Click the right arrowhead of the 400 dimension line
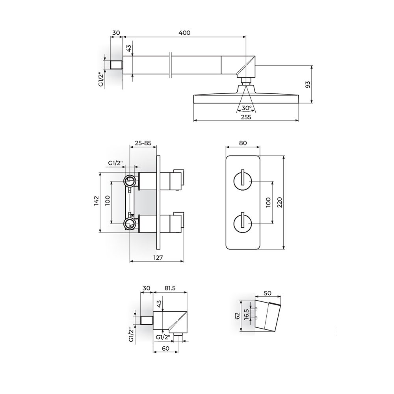(244, 37)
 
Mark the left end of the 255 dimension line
(193, 121)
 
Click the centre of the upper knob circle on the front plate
(243, 181)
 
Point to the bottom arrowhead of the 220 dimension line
(284, 247)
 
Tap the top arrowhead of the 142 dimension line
(100, 174)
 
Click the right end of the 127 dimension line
(184, 262)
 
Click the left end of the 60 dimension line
(153, 351)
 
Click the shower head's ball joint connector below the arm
(246, 81)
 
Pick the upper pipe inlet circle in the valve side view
(130, 181)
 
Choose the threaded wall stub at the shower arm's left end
(116, 65)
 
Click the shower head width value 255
(246, 117)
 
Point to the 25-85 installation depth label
(143, 143)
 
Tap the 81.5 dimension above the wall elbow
(170, 288)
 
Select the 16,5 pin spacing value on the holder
(247, 314)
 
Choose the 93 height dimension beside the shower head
(308, 84)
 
